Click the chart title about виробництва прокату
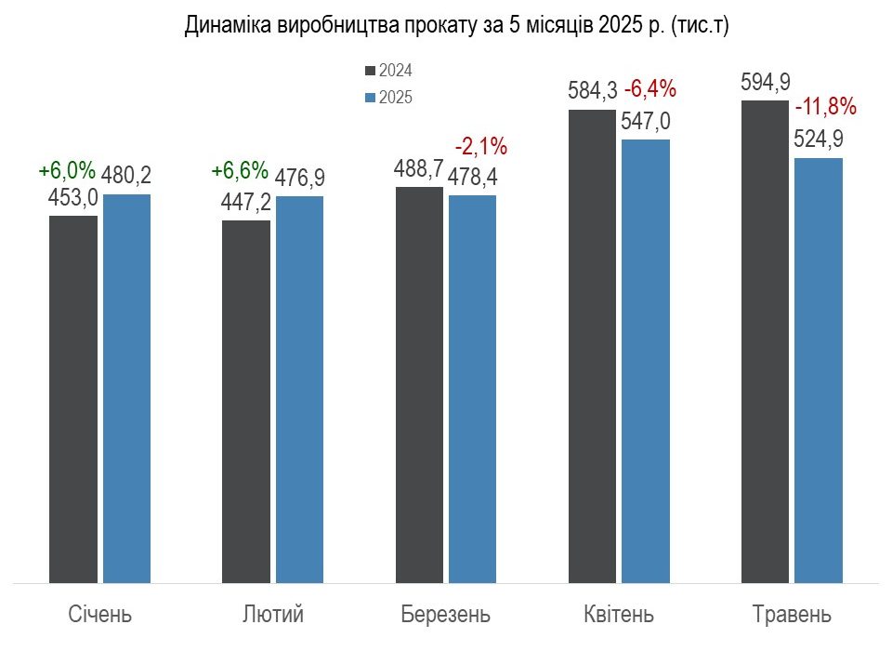(456, 26)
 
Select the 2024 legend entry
(388, 71)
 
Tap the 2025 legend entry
(388, 98)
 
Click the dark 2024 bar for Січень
(73, 399)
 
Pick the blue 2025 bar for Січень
(127, 389)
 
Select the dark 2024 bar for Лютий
(246, 402)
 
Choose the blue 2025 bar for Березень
(472, 389)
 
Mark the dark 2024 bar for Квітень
(592, 346)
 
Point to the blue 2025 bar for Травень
(819, 370)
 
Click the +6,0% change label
(67, 170)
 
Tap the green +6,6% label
(240, 170)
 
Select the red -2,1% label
(480, 147)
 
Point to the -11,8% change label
(825, 107)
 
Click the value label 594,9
(765, 83)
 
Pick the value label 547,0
(646, 121)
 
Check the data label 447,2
(245, 202)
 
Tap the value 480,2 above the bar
(126, 176)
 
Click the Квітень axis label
(619, 615)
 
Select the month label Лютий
(273, 615)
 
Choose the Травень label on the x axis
(792, 615)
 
